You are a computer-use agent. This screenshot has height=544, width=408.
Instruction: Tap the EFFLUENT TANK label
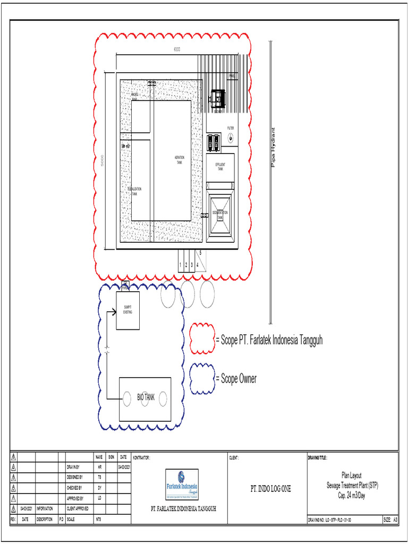click(x=220, y=167)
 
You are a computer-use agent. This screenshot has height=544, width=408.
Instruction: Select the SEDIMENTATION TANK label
click(x=220, y=215)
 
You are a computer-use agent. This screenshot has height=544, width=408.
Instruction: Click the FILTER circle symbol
click(x=231, y=138)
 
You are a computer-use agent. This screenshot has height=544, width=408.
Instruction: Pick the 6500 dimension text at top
click(x=176, y=49)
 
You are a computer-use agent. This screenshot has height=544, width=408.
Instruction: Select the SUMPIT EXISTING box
click(x=128, y=310)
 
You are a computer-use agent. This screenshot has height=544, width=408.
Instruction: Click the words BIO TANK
click(x=146, y=397)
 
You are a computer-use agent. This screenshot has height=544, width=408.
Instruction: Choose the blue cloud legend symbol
click(x=201, y=379)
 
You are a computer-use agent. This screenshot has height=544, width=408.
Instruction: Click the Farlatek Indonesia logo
click(x=182, y=484)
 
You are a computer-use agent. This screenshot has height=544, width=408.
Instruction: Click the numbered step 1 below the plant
click(x=181, y=264)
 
